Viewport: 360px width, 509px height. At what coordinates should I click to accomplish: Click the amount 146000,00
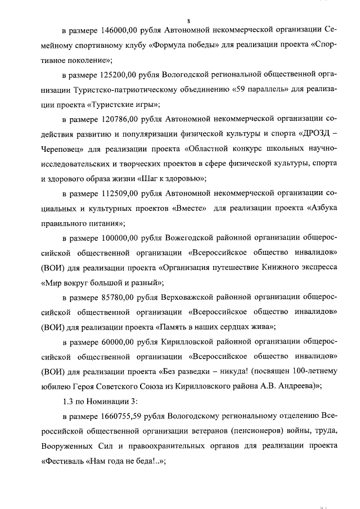[120, 30]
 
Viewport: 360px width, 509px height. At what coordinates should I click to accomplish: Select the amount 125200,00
[120, 74]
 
